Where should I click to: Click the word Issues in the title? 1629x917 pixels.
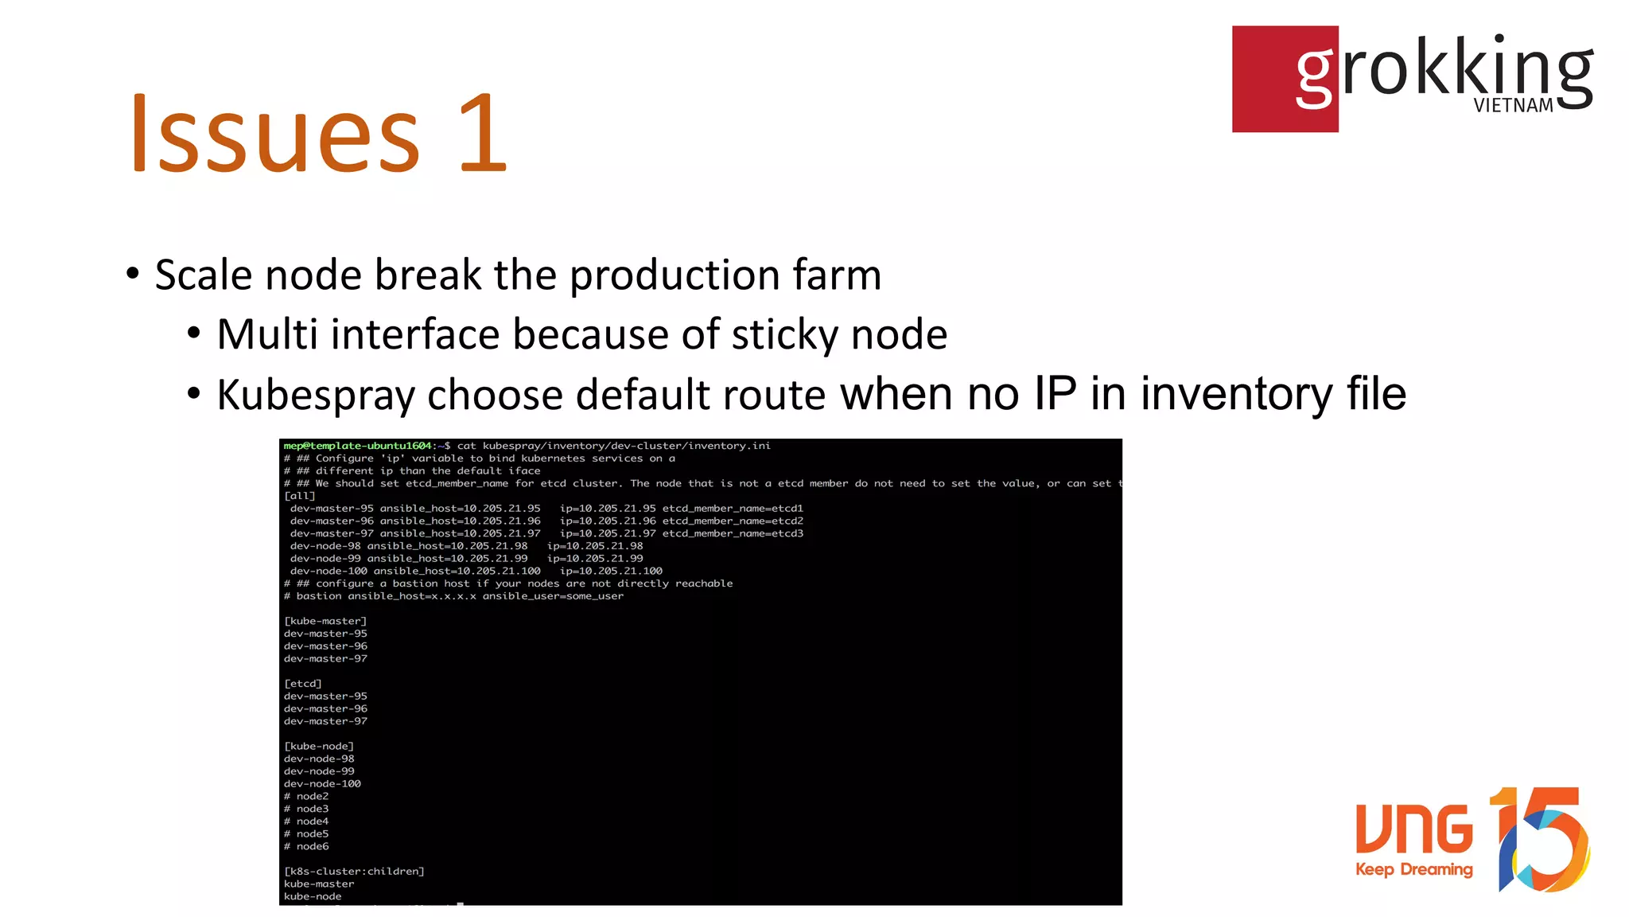tap(274, 134)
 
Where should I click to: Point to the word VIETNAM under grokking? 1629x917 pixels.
tap(1513, 106)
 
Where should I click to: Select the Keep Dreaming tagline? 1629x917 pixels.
tap(1413, 869)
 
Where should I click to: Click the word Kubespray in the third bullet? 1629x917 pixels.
tap(315, 395)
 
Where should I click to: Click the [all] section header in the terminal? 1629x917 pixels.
tap(300, 496)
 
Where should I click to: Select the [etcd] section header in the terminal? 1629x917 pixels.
tap(303, 684)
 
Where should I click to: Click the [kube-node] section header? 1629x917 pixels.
tap(319, 746)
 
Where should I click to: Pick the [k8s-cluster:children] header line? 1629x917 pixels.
tap(354, 872)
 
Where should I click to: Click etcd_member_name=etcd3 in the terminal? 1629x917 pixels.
tap(733, 533)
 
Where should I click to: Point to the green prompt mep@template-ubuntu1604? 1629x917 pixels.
tap(357, 446)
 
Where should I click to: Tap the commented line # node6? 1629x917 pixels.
tap(306, 846)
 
